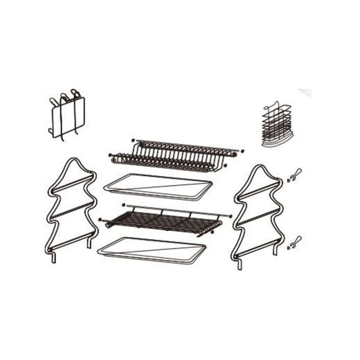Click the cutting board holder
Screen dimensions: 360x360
point(67,115)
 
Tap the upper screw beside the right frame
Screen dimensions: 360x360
point(293,175)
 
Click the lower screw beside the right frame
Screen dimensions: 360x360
point(293,241)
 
